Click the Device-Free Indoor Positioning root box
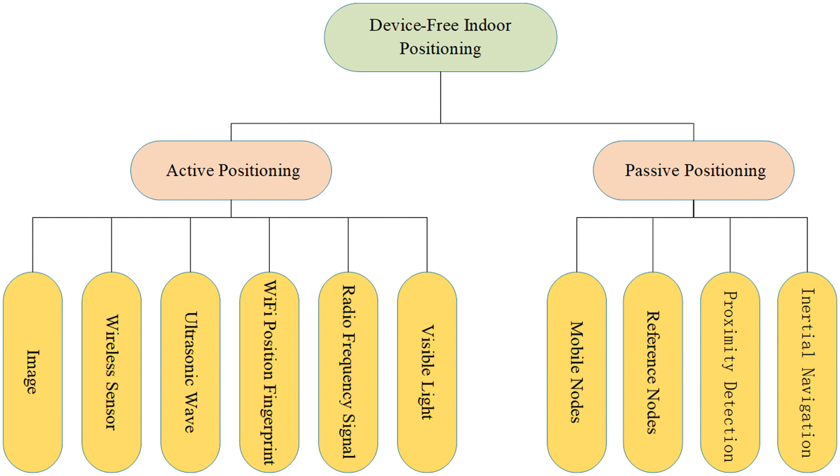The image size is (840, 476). (x=440, y=37)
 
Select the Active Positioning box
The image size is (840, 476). (x=231, y=170)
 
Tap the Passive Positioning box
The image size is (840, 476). (x=693, y=170)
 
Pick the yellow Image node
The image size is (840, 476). (x=32, y=372)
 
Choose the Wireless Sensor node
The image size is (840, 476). (x=111, y=372)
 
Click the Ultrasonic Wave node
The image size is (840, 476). (x=190, y=372)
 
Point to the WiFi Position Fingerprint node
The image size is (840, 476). (x=269, y=372)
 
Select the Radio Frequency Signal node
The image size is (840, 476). (x=348, y=372)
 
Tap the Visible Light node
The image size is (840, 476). (x=427, y=372)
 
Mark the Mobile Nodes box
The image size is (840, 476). (x=577, y=372)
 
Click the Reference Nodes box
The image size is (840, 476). (x=653, y=372)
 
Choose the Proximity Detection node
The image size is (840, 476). (x=730, y=372)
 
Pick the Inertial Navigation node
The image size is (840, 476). (x=807, y=372)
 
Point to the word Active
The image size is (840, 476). (x=190, y=170)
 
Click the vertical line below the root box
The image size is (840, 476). (x=441, y=97)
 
